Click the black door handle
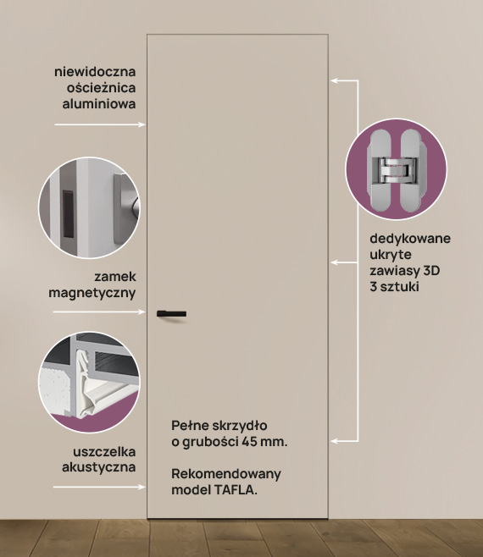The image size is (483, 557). click(171, 314)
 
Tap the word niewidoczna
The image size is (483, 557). click(95, 71)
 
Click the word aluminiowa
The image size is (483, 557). click(99, 104)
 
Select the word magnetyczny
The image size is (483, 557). click(92, 294)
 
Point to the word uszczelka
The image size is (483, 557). click(104, 452)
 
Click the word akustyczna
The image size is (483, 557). click(99, 467)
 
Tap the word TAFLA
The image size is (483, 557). click(235, 490)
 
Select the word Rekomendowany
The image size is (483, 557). click(226, 474)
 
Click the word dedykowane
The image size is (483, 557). click(410, 239)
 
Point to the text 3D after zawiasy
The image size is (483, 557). click(431, 271)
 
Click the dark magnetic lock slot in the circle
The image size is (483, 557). click(68, 214)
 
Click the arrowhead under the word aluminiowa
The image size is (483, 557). click(142, 124)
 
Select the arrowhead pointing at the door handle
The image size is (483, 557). click(142, 312)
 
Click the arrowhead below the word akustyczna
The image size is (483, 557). click(142, 487)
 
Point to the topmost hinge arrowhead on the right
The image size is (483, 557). click(335, 80)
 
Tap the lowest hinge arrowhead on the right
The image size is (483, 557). click(335, 441)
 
